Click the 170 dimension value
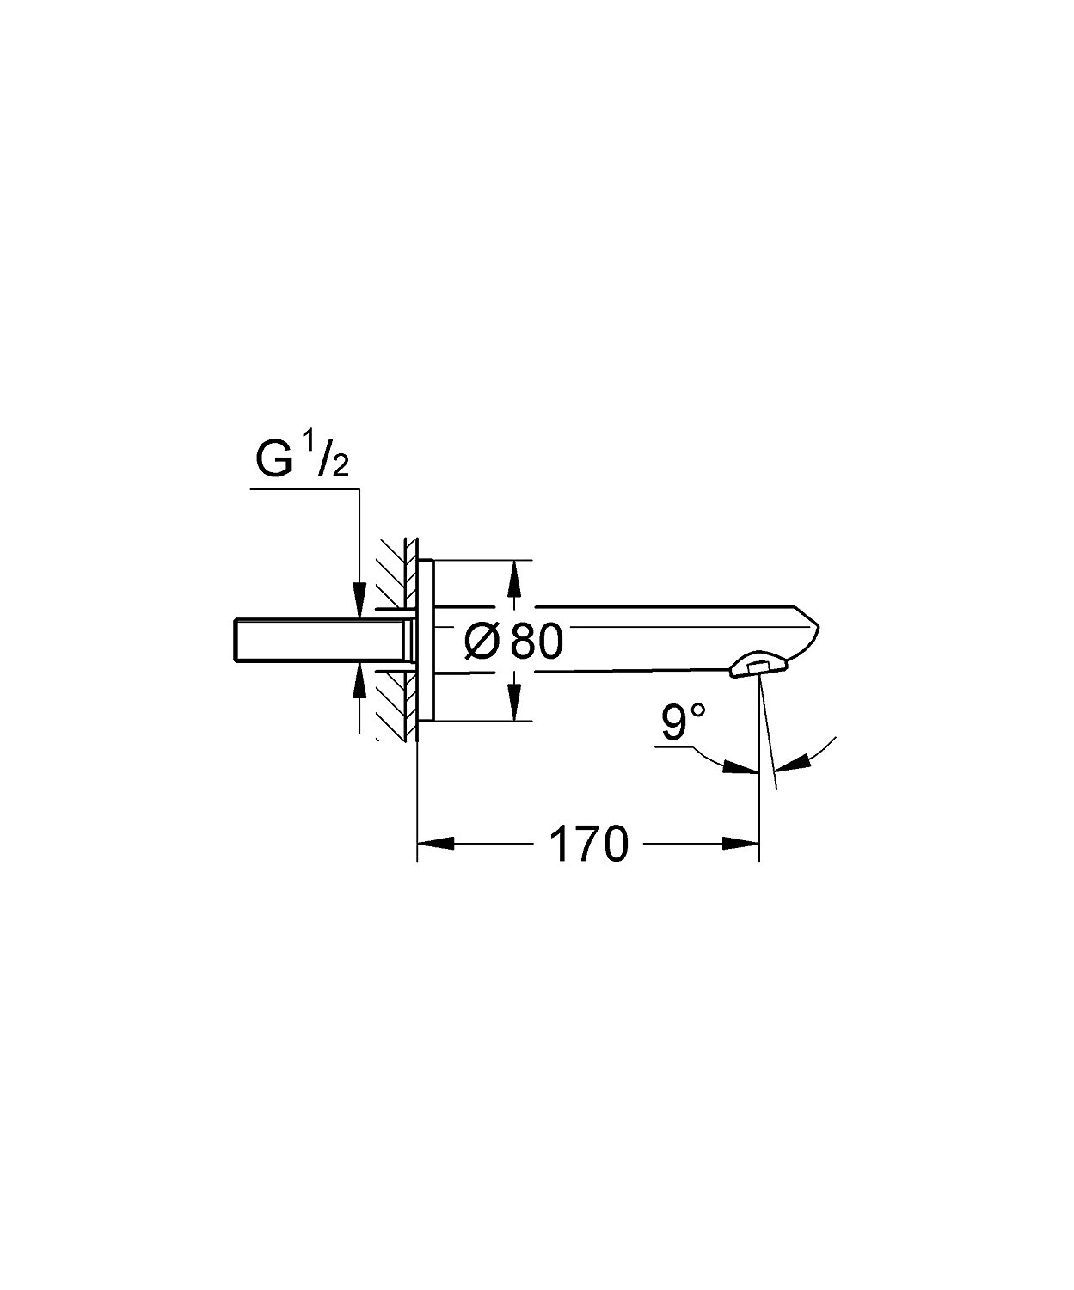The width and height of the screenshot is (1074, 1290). (x=589, y=845)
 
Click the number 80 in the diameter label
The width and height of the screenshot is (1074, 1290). (x=536, y=642)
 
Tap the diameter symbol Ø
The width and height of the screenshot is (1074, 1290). (x=482, y=642)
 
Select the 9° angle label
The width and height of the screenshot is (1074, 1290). (x=684, y=723)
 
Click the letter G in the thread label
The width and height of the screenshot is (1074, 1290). (x=274, y=461)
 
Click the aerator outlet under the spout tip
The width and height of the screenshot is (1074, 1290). (x=758, y=666)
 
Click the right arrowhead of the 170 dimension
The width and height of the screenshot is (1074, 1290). (x=745, y=845)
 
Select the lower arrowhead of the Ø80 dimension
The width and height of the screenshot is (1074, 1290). (x=514, y=705)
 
